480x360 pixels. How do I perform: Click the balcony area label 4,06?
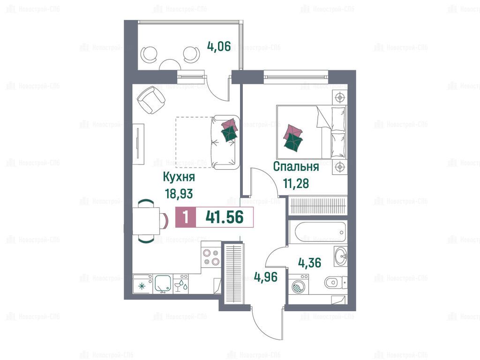pos(219,47)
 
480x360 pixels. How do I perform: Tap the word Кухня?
pos(179,177)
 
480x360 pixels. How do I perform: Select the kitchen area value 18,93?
pos(179,194)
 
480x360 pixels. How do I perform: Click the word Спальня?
pos(296,167)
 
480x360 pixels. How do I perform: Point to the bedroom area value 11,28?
pos(296,184)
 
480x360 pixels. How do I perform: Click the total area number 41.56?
pos(225,217)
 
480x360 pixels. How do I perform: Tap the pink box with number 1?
pos(186,217)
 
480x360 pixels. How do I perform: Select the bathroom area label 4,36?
pos(309,263)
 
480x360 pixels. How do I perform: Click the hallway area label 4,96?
pos(266,277)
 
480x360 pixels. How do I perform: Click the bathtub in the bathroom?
pos(317,232)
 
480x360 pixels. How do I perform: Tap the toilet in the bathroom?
pos(336,282)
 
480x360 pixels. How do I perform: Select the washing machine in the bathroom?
pos(299,285)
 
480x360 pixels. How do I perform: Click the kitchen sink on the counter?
pos(163,285)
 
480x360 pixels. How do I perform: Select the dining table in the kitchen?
pos(146,221)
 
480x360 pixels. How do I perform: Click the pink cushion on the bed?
pos(292,130)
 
